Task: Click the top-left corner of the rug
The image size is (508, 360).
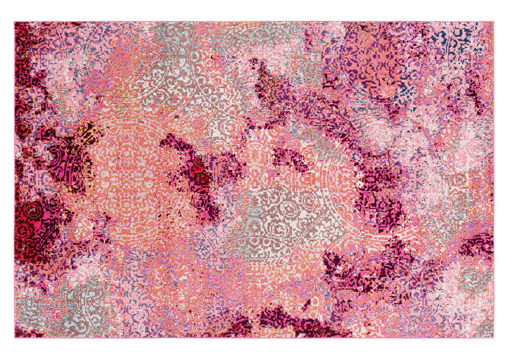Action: point(15,22)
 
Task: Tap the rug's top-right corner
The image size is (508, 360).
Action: point(493,22)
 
